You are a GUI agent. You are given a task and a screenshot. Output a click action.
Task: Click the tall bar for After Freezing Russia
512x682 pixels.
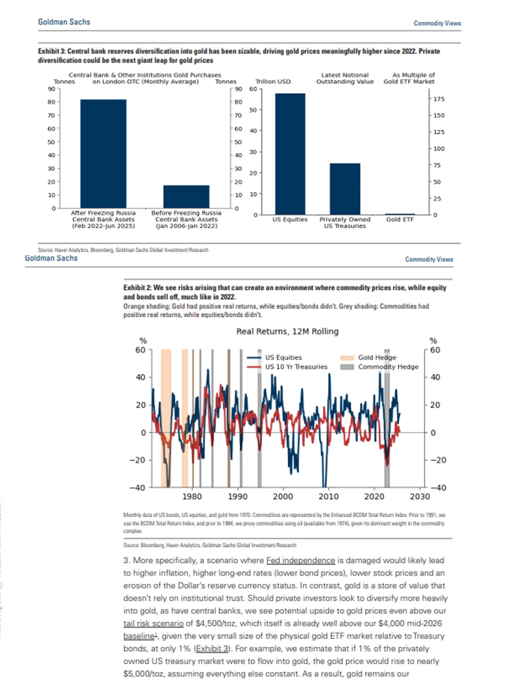103,153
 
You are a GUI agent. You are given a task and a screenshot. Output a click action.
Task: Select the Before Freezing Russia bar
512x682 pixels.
186,197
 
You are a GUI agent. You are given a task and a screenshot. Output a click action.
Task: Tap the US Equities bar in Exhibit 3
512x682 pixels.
290,154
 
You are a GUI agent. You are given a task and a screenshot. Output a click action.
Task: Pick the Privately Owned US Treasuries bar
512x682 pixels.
345,189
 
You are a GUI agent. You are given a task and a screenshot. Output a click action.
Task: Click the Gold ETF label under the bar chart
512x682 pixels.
400,220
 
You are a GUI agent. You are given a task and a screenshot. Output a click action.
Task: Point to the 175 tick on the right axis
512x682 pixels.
439,99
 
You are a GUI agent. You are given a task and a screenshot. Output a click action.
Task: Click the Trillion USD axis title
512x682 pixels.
273,81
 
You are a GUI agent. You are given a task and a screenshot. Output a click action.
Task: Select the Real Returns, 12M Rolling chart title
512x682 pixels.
287,332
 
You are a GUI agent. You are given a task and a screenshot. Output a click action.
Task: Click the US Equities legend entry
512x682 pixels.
283,358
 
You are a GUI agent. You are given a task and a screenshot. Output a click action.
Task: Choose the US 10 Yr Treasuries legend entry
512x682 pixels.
296,367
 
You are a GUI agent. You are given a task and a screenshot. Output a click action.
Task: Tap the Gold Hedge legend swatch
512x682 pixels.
347,358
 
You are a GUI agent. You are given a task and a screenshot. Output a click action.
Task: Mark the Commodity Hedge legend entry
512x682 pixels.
388,367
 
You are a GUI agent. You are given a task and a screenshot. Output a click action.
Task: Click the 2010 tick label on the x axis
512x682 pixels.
329,496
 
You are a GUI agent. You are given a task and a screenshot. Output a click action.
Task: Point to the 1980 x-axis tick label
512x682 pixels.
192,496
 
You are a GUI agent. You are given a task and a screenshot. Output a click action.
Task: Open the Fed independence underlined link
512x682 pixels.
301,560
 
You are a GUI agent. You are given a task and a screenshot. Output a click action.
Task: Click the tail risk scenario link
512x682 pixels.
153,623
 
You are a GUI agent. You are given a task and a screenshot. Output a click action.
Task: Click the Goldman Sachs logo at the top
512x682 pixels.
64,22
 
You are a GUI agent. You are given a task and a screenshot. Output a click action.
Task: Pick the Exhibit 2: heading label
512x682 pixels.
137,287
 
